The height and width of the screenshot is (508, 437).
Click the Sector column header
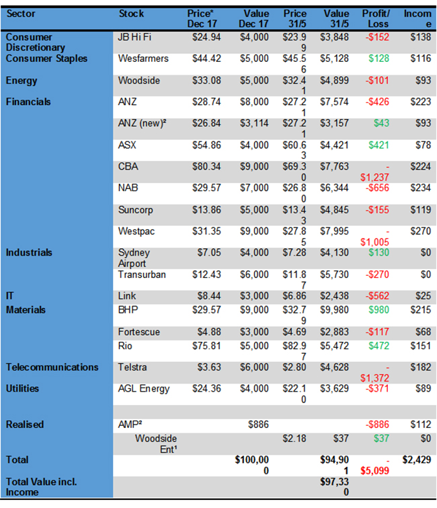click(x=21, y=13)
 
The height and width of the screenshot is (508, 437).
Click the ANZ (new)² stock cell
click(x=141, y=124)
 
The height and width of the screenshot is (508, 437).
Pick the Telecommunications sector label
click(x=52, y=367)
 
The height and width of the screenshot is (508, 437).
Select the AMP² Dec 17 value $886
click(x=256, y=425)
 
